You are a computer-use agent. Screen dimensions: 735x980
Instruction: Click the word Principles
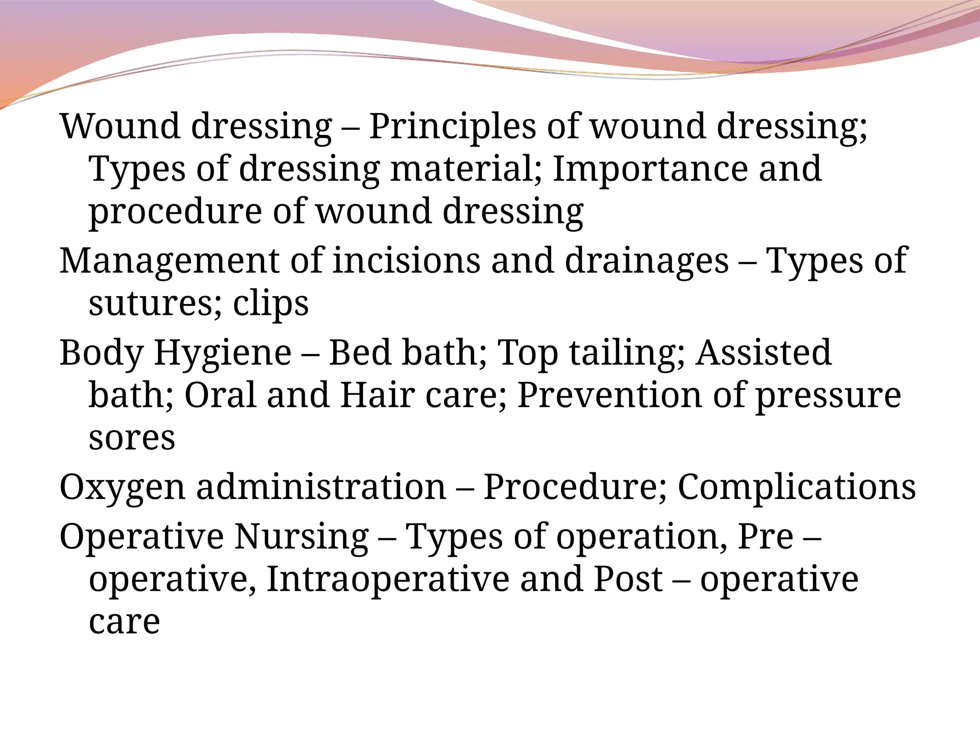point(452,126)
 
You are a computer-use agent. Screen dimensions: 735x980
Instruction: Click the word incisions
point(406,261)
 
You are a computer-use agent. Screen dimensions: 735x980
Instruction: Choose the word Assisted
point(764,353)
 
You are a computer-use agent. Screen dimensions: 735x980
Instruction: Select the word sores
point(132,438)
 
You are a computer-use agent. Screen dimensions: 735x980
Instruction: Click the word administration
point(321,487)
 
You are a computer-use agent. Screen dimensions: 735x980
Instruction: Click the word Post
point(628,579)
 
